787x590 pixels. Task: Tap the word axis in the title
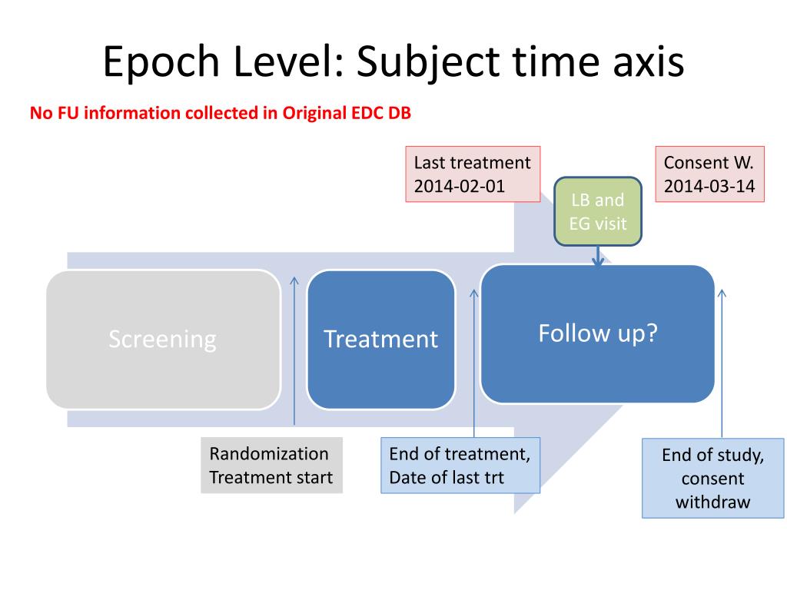point(645,62)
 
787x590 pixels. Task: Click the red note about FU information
point(221,114)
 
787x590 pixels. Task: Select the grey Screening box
point(163,339)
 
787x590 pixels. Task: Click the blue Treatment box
point(380,339)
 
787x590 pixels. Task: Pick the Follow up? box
point(597,333)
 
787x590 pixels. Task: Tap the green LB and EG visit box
point(598,212)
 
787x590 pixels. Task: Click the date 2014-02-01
point(460,186)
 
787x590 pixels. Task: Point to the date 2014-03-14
point(709,186)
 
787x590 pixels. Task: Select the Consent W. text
point(709,163)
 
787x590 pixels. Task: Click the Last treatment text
point(472,163)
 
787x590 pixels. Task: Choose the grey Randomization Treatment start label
point(271,466)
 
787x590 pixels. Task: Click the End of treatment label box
point(460,466)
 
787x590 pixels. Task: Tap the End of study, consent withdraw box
point(712,479)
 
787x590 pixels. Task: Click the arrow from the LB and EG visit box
point(598,256)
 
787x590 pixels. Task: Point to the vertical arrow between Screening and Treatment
point(294,350)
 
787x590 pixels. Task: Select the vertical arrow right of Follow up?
point(722,361)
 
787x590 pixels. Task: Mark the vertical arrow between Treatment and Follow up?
point(474,361)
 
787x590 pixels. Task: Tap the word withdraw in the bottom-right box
point(712,502)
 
